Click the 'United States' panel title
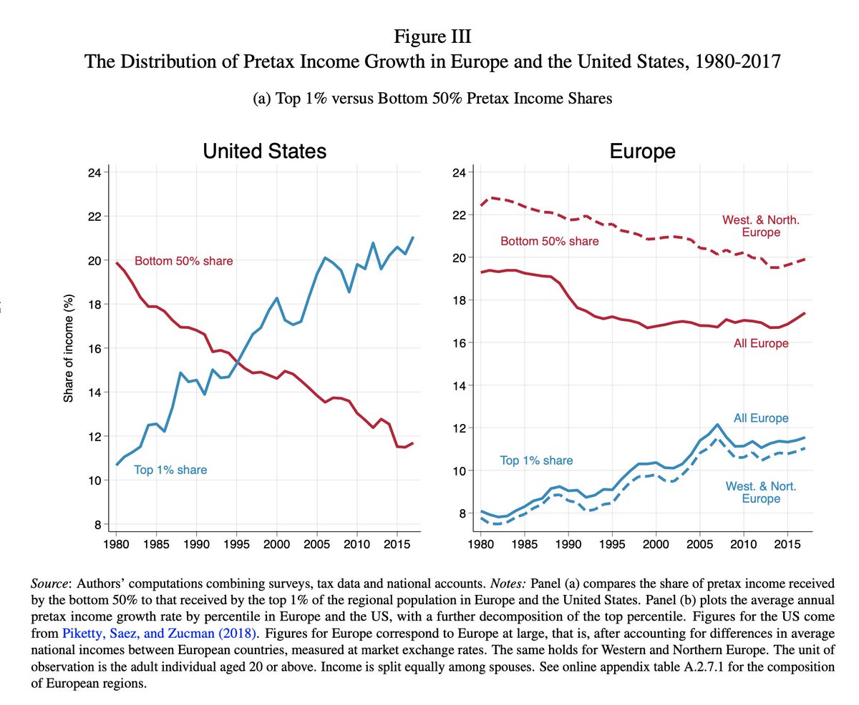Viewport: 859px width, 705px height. [264, 152]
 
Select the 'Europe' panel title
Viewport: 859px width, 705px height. [642, 152]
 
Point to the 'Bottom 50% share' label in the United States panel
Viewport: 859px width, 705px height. [183, 262]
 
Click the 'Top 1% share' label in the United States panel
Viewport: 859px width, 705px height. [170, 470]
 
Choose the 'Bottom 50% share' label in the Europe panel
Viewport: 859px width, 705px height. [549, 242]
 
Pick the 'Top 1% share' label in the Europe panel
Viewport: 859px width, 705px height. [536, 460]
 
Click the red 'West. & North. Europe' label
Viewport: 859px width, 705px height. [760, 226]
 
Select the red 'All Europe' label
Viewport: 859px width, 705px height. [760, 344]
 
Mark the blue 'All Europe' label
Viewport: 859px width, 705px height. [760, 418]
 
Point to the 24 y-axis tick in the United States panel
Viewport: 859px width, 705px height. [94, 172]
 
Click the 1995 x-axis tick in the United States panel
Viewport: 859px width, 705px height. [236, 544]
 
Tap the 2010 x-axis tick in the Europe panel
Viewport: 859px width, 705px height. [744, 544]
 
